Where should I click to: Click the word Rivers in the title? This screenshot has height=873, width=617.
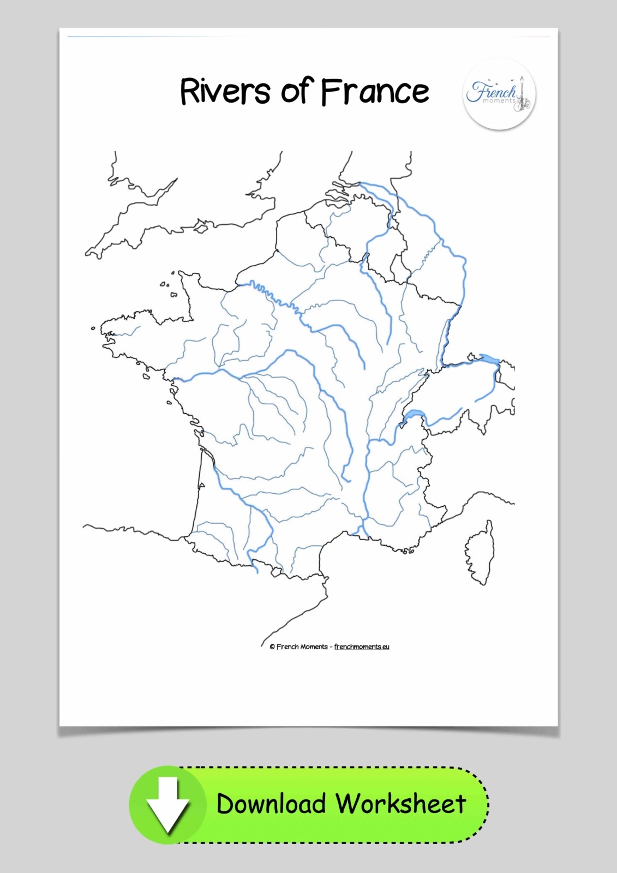(224, 91)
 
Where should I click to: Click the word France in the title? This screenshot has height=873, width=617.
(374, 91)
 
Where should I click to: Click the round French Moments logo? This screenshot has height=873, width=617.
(499, 94)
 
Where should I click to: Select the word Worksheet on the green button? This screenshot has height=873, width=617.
(400, 804)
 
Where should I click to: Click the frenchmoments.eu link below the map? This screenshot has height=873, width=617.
(362, 647)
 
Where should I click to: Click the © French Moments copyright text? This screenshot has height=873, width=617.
(299, 647)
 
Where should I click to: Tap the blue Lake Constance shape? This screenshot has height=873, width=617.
(489, 359)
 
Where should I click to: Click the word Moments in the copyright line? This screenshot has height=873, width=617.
(315, 647)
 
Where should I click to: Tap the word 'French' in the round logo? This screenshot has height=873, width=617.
(489, 91)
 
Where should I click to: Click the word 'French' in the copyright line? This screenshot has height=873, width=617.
(287, 647)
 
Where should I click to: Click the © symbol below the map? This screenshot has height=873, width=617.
(272, 647)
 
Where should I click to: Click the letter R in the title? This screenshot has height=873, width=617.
(189, 91)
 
